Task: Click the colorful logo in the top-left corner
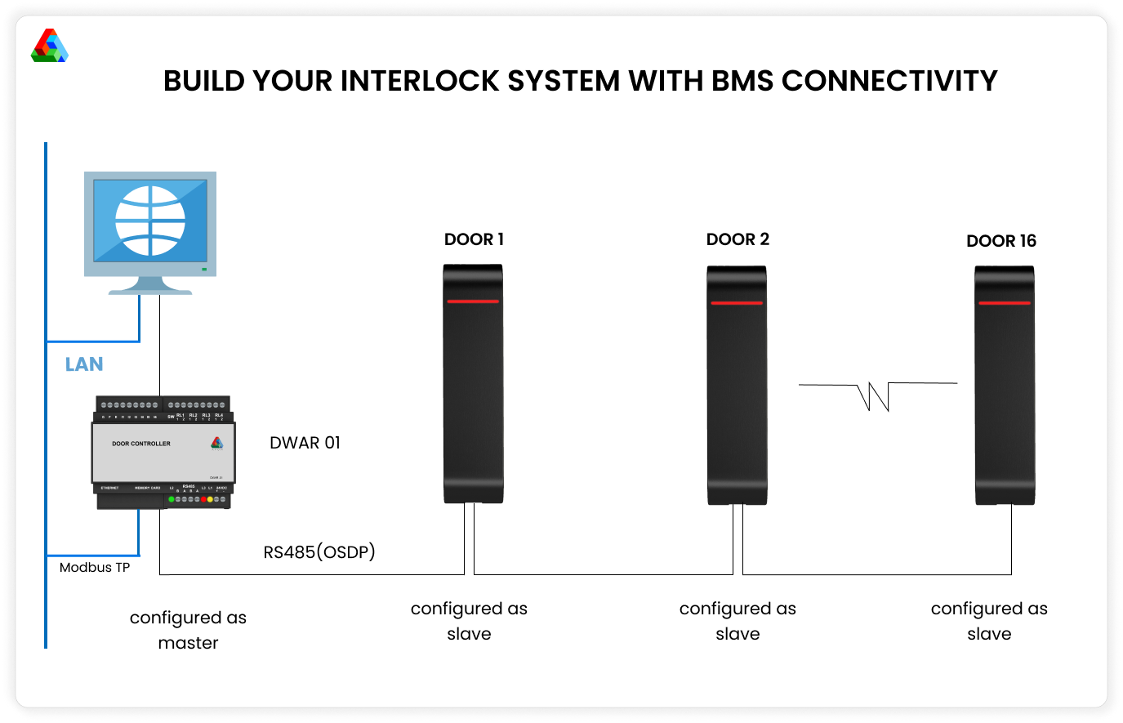(x=50, y=46)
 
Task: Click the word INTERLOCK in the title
(x=420, y=82)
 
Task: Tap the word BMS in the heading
(x=742, y=82)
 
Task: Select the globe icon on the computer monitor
(x=150, y=221)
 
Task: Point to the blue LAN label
(x=84, y=364)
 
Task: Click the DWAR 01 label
(x=305, y=443)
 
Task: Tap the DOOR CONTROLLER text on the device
(x=141, y=444)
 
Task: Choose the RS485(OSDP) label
(x=319, y=552)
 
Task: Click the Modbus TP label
(x=95, y=567)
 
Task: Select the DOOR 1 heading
(x=474, y=239)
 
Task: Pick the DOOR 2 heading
(x=738, y=239)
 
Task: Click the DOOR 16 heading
(x=1001, y=241)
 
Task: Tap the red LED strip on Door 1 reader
(x=472, y=301)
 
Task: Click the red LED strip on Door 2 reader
(x=737, y=303)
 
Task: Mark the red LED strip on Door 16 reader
(x=1005, y=303)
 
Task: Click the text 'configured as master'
(x=188, y=630)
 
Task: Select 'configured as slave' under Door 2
(x=738, y=621)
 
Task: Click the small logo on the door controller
(x=216, y=444)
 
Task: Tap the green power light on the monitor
(x=204, y=269)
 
